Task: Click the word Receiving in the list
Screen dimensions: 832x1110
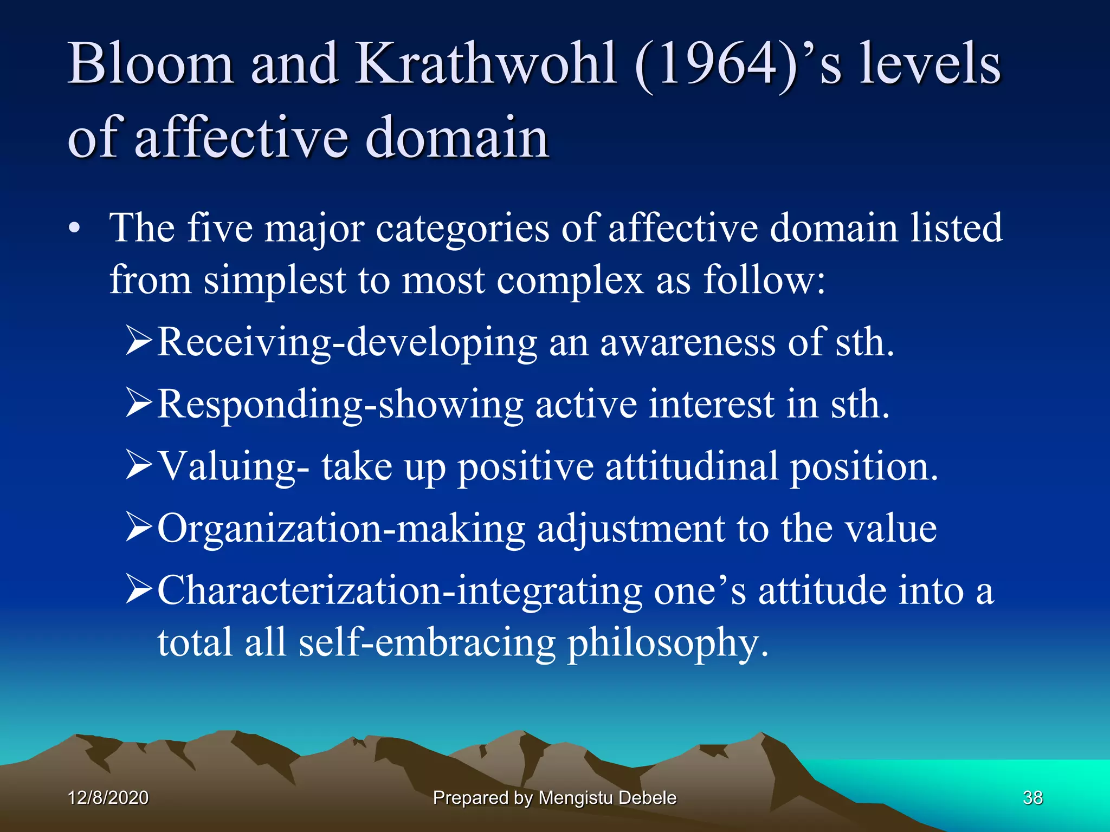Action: [x=244, y=342]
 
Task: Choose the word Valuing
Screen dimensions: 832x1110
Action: [x=228, y=466]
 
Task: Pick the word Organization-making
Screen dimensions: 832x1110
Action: [x=341, y=529]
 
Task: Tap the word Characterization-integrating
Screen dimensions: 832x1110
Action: [x=399, y=590]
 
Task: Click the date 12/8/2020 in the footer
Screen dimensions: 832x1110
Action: [x=108, y=797]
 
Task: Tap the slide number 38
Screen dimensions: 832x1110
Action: [x=1032, y=797]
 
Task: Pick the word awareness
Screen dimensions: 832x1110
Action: [x=687, y=342]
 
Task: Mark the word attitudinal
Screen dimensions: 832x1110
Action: [x=692, y=466]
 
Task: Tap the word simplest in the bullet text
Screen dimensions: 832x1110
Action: [x=274, y=280]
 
